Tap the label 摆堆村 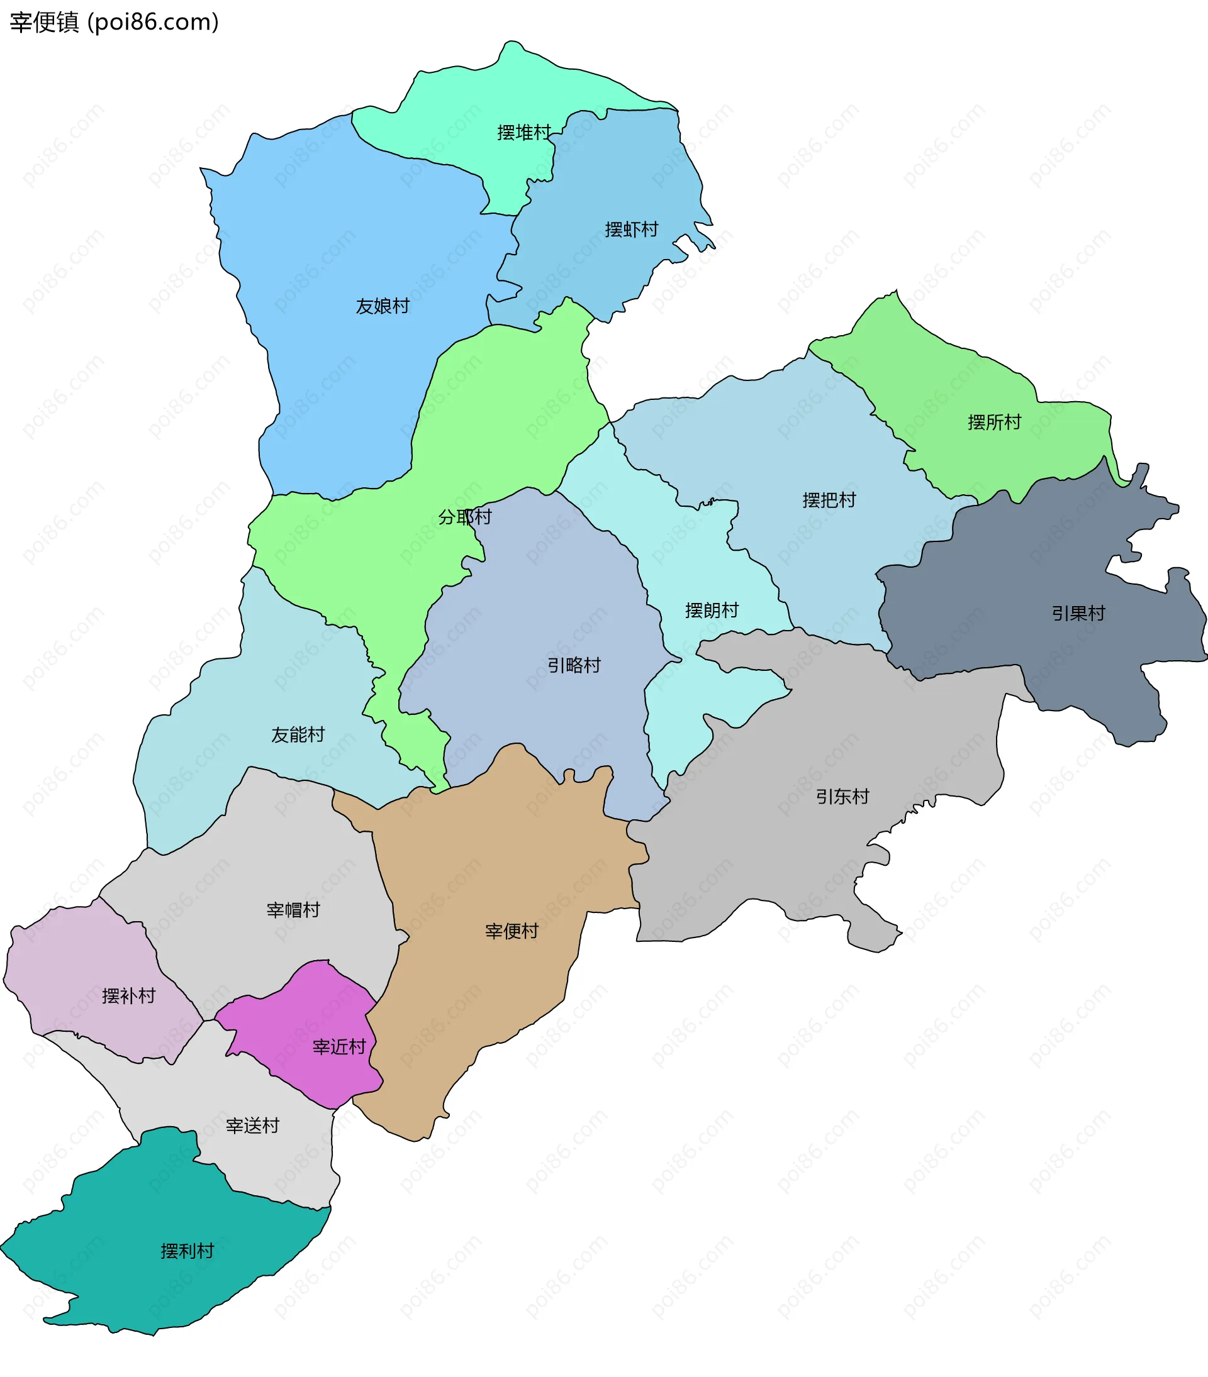tap(523, 133)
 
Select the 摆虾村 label tap(631, 229)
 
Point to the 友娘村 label tap(383, 307)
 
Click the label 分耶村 tap(464, 517)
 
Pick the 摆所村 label tap(993, 423)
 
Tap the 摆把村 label tap(829, 500)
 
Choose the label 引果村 tap(1078, 614)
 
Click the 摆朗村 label tap(711, 611)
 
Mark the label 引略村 tap(574, 666)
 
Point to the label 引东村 tap(842, 797)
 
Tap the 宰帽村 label tap(293, 910)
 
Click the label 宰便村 tap(512, 932)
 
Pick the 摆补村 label tap(128, 997)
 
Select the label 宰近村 tap(338, 1047)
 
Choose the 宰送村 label tap(252, 1125)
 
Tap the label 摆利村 tap(187, 1251)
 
